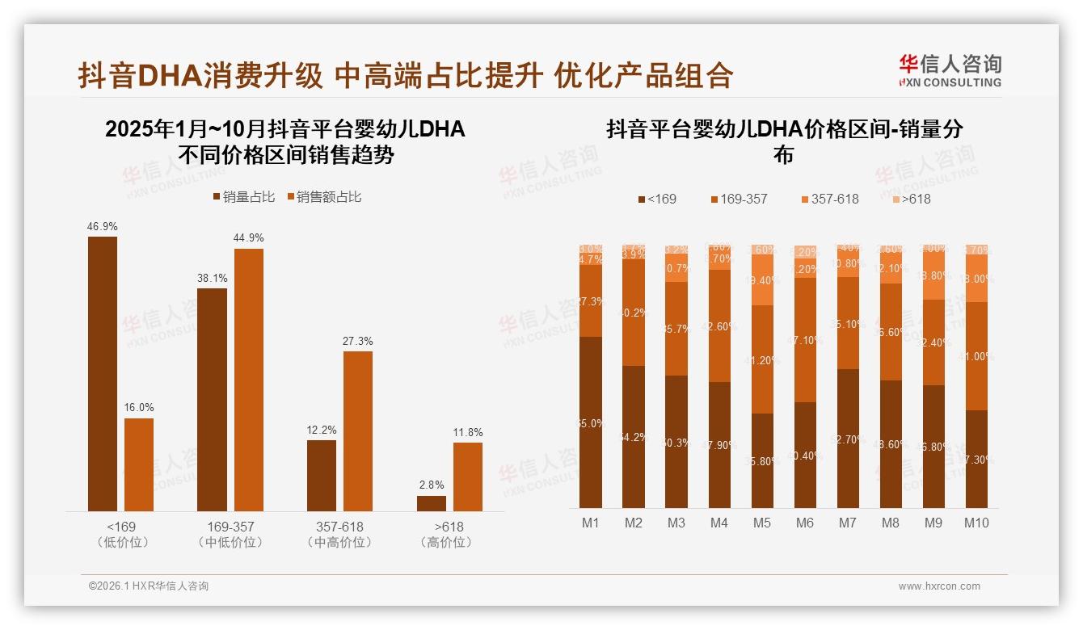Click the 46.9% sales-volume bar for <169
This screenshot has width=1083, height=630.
pyautogui.click(x=103, y=373)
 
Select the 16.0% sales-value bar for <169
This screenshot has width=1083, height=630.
pyautogui.click(x=139, y=464)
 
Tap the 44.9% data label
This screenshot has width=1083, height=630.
pyautogui.click(x=249, y=238)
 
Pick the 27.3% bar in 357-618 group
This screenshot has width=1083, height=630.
pyautogui.click(x=358, y=430)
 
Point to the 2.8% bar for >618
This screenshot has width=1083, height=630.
pyautogui.click(x=432, y=503)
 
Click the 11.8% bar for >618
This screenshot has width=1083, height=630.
pyautogui.click(x=468, y=477)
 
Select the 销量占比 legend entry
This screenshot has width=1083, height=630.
pyautogui.click(x=244, y=197)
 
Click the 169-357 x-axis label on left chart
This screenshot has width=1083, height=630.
pyautogui.click(x=230, y=527)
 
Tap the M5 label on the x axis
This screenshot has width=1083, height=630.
pyautogui.click(x=762, y=523)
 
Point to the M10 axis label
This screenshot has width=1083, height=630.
pyautogui.click(x=976, y=523)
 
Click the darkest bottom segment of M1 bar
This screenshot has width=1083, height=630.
pyautogui.click(x=591, y=422)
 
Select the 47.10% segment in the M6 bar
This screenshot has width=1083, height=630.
pyautogui.click(x=805, y=340)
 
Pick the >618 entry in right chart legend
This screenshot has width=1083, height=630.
pyautogui.click(x=911, y=199)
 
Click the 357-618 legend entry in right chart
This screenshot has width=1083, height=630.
pyautogui.click(x=829, y=199)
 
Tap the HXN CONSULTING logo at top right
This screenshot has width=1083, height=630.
pyautogui.click(x=950, y=71)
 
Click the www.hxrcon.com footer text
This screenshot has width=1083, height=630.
pyautogui.click(x=939, y=586)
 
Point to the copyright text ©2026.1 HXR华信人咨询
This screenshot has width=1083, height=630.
pyautogui.click(x=149, y=586)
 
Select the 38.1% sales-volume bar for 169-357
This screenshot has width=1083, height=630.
pyautogui.click(x=212, y=399)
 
